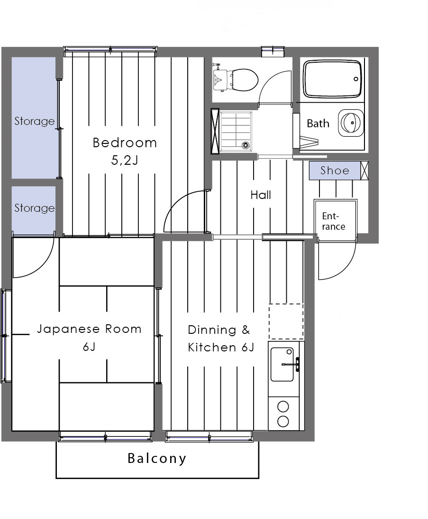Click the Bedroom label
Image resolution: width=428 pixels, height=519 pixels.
125,142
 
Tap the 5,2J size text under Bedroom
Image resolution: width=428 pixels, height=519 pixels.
125,160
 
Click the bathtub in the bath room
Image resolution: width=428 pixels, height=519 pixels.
332,79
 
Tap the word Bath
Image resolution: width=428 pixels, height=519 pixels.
318,123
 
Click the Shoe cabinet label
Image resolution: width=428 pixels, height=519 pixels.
335,170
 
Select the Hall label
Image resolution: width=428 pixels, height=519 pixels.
261,195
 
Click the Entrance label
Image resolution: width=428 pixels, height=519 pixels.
334,221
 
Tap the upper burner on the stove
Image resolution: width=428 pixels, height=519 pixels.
283,406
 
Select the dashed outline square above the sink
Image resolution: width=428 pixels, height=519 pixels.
286,321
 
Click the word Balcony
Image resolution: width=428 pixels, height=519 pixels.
157,458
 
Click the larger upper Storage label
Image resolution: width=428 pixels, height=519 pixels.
35,121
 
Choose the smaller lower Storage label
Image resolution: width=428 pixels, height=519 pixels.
35,208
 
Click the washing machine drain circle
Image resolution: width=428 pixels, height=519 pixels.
245,145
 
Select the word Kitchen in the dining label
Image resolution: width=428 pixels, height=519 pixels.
212,348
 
